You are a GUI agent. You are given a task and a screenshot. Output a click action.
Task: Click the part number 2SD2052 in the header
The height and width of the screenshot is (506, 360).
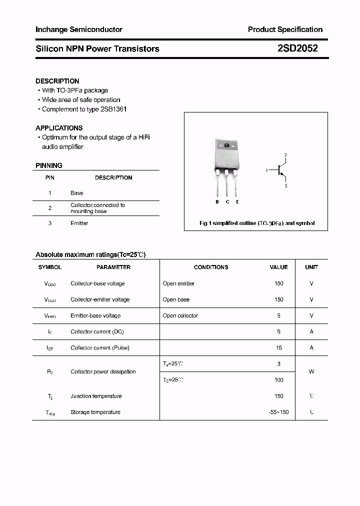[297, 48]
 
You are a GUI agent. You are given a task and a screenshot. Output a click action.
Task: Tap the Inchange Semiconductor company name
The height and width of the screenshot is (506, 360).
[79, 29]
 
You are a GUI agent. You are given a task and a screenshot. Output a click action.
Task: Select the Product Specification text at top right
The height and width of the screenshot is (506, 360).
[285, 29]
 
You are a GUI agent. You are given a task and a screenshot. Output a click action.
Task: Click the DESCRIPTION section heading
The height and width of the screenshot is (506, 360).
[57, 81]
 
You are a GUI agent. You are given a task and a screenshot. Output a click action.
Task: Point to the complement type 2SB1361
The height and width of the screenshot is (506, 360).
[113, 109]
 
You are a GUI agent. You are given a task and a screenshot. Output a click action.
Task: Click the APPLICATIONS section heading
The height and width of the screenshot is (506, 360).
[59, 128]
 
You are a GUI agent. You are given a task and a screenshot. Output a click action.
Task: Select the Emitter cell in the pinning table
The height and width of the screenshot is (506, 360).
[79, 223]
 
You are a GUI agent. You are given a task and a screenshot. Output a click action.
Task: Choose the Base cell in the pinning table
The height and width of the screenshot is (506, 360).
[77, 193]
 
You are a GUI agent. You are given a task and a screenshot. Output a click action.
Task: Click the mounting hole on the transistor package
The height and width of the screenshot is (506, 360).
[226, 145]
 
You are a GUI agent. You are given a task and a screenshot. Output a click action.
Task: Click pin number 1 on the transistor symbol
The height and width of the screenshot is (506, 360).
[267, 170]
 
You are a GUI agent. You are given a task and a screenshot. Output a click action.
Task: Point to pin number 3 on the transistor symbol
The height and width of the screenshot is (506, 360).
[285, 186]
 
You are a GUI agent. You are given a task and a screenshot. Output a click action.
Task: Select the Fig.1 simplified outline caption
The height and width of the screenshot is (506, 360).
[257, 223]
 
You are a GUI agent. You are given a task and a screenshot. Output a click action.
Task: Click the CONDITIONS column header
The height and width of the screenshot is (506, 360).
[211, 267]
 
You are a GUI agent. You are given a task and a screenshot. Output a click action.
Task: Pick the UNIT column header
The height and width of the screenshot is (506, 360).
[311, 267]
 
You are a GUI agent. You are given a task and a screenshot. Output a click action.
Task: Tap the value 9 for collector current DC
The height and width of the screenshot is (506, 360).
[279, 331]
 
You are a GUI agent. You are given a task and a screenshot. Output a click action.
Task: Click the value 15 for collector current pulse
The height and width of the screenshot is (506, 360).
[279, 347]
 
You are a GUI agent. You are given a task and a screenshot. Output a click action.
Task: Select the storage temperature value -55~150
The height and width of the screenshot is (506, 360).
[279, 412]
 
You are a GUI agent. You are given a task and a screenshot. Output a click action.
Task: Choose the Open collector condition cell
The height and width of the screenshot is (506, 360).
[180, 315]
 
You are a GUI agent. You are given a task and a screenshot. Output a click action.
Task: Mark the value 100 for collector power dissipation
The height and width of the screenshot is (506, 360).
[279, 380]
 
